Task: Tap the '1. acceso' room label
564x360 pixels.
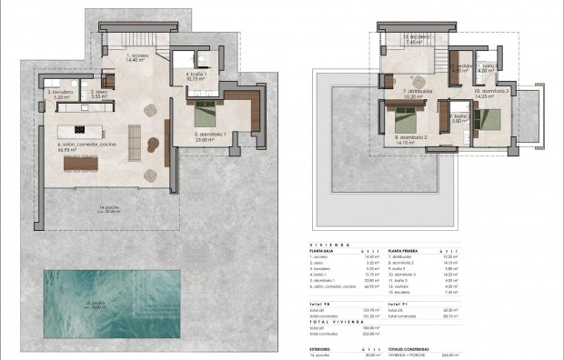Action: tap(137, 56)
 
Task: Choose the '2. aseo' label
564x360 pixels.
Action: tap(99, 91)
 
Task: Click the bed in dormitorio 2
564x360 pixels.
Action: tap(403, 116)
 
